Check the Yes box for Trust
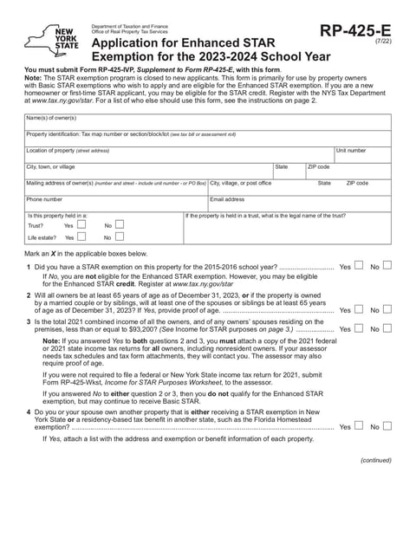pyautogui.click(x=81, y=224)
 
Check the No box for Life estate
pyautogui.click(x=120, y=237)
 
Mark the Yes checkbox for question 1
pyautogui.click(x=359, y=266)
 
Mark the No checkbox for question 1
pyautogui.click(x=387, y=266)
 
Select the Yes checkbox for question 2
pyautogui.click(x=359, y=309)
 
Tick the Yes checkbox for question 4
pyautogui.click(x=359, y=426)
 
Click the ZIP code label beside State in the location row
pyautogui.click(x=318, y=166)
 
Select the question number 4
pyautogui.click(x=29, y=411)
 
